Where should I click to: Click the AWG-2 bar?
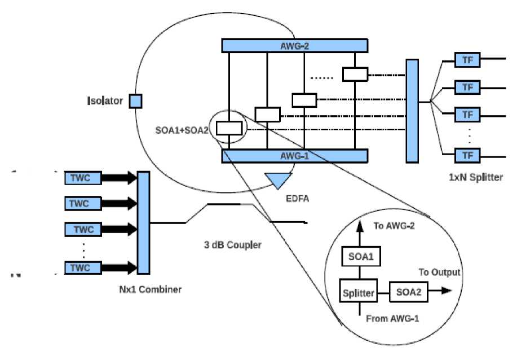coord(295,45)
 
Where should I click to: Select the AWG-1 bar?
coord(295,156)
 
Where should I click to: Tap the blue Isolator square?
coord(136,101)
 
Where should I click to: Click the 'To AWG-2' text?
coord(395,226)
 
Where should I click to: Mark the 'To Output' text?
coord(439,273)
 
